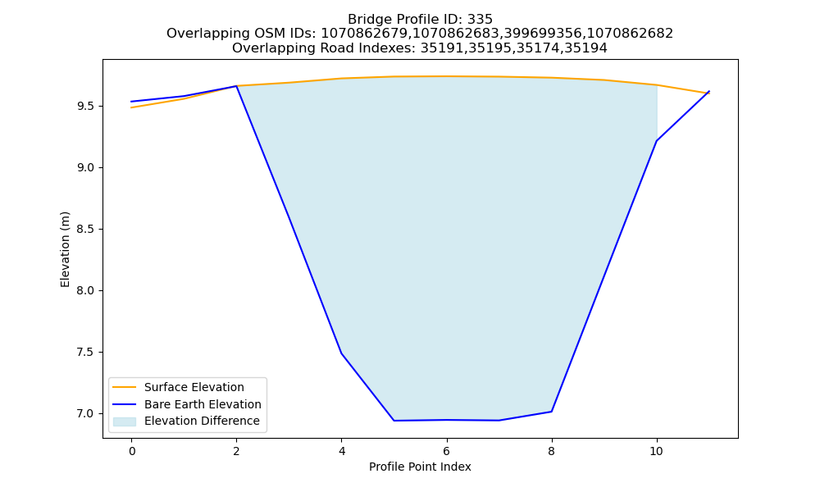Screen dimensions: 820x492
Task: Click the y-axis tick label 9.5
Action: pos(86,106)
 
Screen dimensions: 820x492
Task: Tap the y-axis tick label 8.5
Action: pos(86,229)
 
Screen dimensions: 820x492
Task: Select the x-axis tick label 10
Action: pos(656,451)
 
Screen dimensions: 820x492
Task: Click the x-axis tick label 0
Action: pos(132,451)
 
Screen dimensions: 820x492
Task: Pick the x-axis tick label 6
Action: pos(447,451)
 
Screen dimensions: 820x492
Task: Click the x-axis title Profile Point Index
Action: pos(420,467)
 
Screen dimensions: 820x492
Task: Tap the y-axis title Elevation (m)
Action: pos(65,249)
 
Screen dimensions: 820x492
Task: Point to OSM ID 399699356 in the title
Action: pos(544,34)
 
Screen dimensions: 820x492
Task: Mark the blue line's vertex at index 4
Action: pos(341,353)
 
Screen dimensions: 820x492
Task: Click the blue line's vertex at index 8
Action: pos(551,412)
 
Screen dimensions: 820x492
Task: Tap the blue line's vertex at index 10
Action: pos(656,141)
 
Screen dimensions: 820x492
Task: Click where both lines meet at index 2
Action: pos(236,86)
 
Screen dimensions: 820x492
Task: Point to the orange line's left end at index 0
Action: pos(131,107)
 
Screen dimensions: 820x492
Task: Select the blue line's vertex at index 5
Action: pos(394,421)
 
